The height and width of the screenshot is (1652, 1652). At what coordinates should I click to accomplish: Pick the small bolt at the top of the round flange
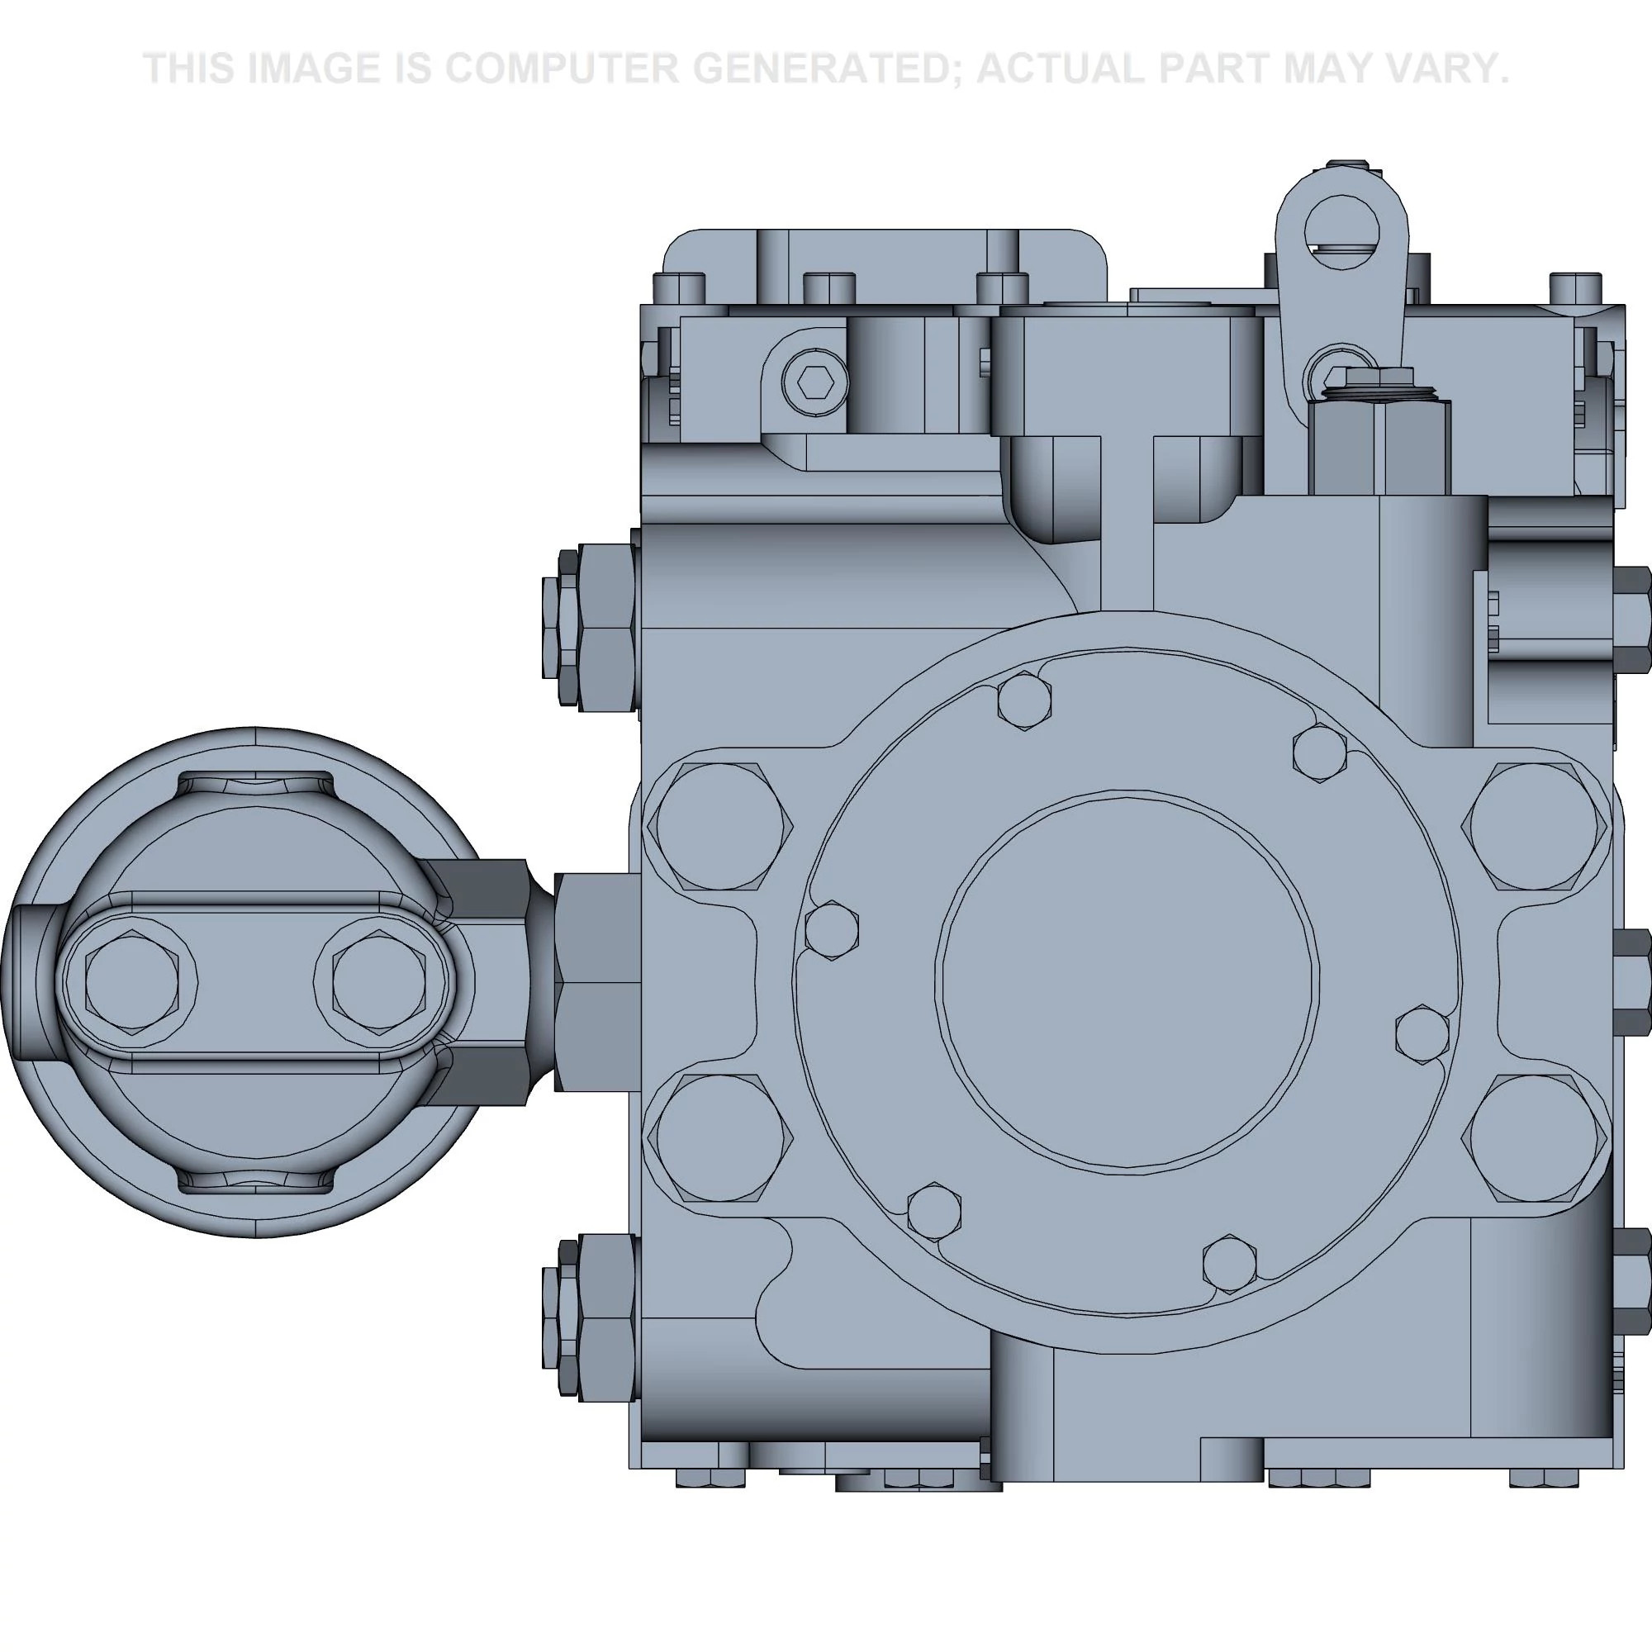click(1024, 701)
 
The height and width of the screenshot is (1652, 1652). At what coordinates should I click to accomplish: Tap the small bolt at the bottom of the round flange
click(1230, 1263)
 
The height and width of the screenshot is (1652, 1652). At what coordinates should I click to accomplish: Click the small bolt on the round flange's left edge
click(832, 929)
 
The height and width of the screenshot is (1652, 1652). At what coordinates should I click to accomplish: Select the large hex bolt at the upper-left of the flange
click(720, 826)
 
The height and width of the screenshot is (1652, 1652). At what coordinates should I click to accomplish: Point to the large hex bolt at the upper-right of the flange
click(1534, 826)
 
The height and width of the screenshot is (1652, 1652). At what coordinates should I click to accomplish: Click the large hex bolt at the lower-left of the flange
click(720, 1138)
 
